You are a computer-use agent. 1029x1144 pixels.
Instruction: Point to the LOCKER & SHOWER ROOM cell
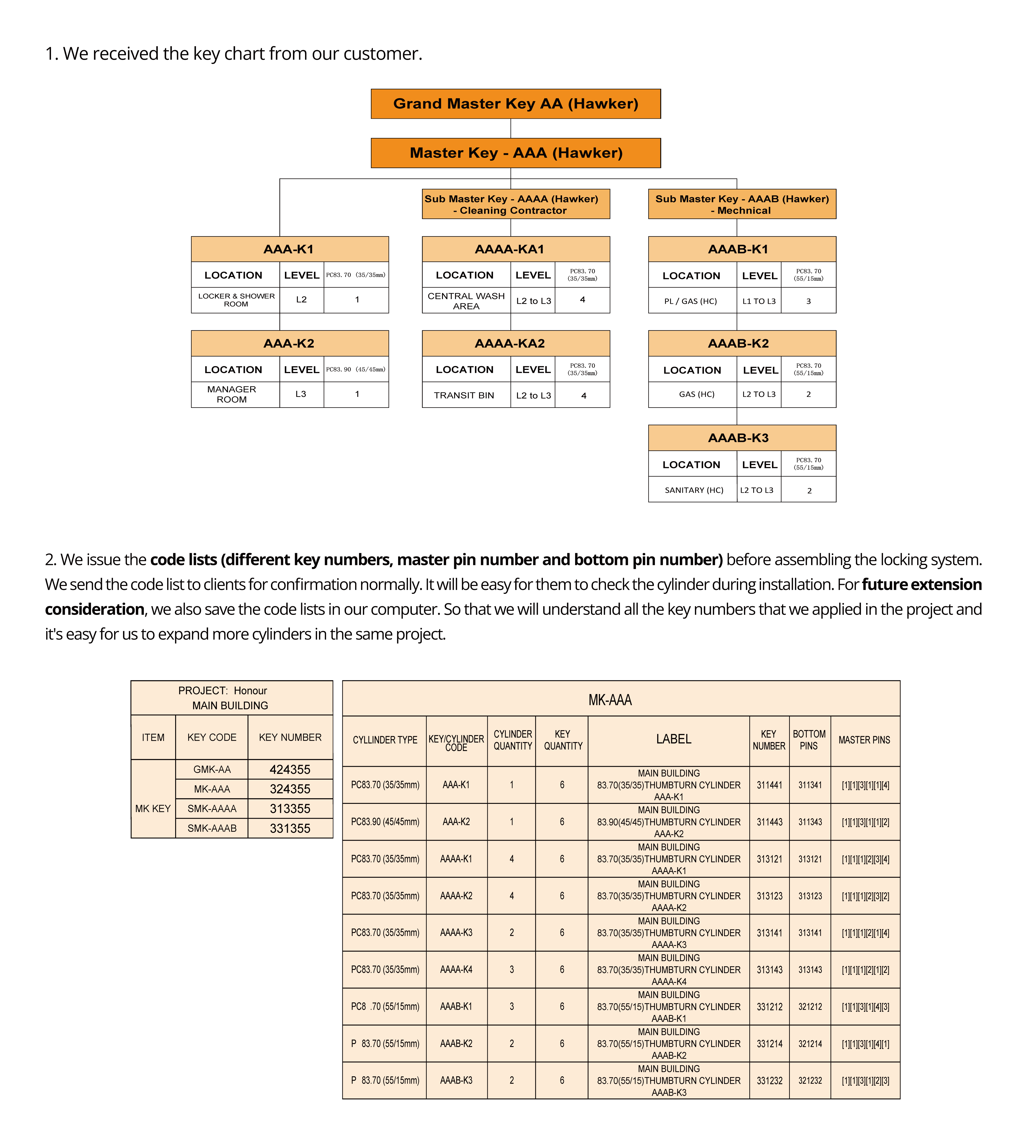coord(236,300)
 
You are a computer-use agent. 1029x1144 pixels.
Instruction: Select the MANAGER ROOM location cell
coord(232,394)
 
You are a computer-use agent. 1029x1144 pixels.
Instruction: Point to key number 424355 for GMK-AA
coord(290,770)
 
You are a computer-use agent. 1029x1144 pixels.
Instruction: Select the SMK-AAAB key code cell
coord(212,829)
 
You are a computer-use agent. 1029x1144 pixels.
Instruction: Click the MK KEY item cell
coord(153,809)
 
